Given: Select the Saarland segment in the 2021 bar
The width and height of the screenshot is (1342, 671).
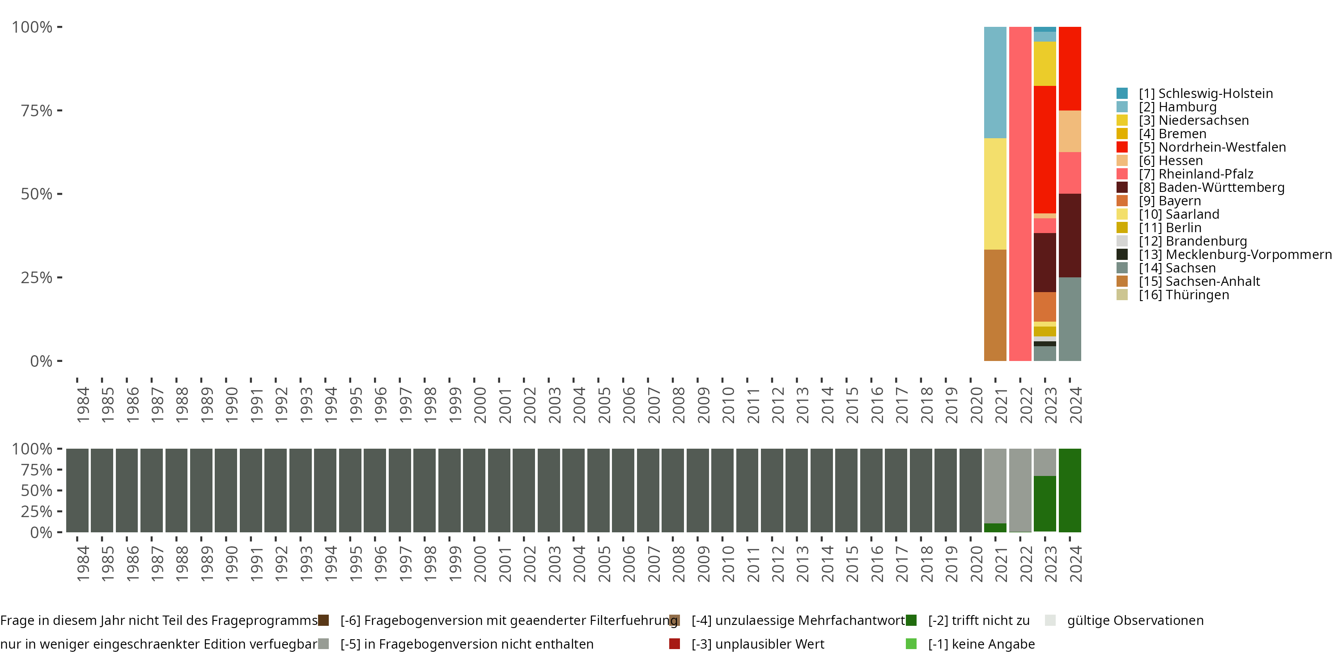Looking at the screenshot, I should coord(994,194).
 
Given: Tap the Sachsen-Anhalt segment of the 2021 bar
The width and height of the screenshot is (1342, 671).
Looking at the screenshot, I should coord(994,305).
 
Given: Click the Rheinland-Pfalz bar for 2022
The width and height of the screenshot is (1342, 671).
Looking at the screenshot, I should coord(1019,194).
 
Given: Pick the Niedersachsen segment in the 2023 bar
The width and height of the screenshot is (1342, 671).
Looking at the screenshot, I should coord(1045,64).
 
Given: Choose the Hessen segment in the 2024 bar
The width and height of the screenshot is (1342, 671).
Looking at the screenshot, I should coord(1070,131).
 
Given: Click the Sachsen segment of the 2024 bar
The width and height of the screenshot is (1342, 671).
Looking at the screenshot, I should coord(1070,319).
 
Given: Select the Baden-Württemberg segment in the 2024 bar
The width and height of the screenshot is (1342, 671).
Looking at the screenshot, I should coord(1070,235).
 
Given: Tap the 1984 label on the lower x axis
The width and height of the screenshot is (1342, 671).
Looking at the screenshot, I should coord(83,564).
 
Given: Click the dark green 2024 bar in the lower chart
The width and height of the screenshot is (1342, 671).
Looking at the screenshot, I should coord(1070,490).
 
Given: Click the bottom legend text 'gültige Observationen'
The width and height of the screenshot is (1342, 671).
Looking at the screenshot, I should coord(1134,620).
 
